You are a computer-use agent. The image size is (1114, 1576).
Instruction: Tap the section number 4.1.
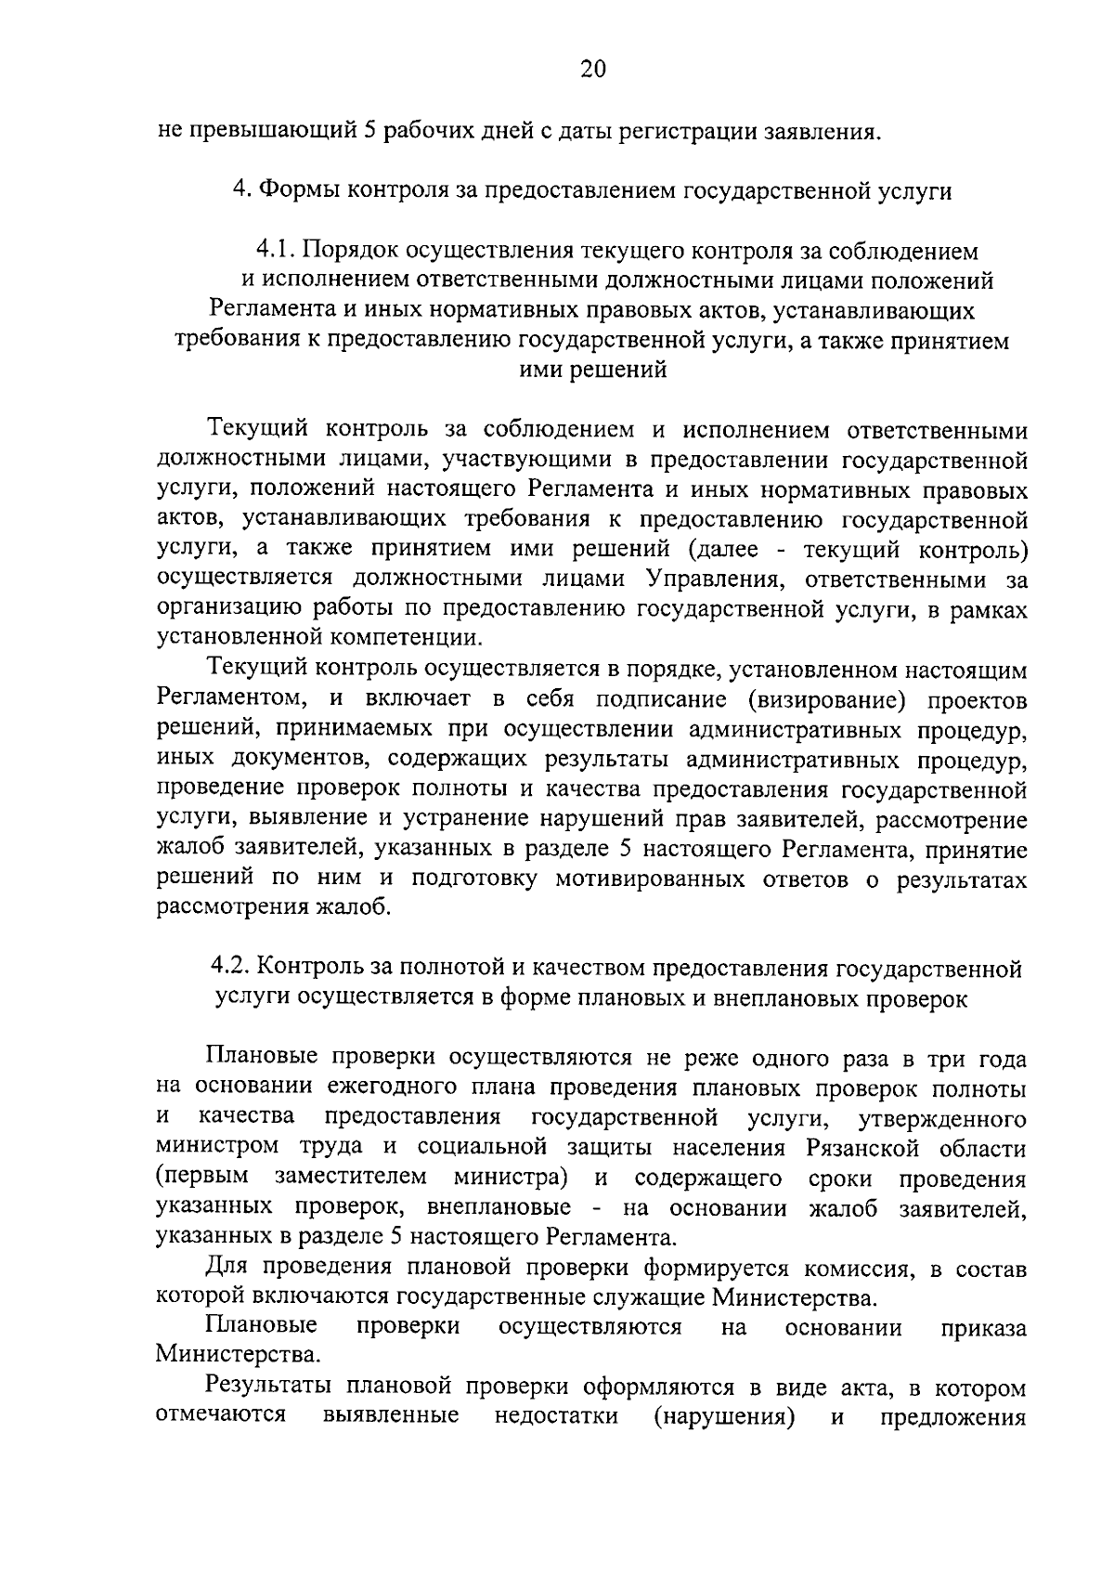pos(276,251)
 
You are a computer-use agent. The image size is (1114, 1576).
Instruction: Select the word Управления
pos(715,579)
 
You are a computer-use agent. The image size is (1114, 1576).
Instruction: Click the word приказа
pos(983,1328)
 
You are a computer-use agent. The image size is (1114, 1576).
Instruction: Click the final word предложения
pos(952,1418)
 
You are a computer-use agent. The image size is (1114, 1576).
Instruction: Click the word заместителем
pos(350,1178)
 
